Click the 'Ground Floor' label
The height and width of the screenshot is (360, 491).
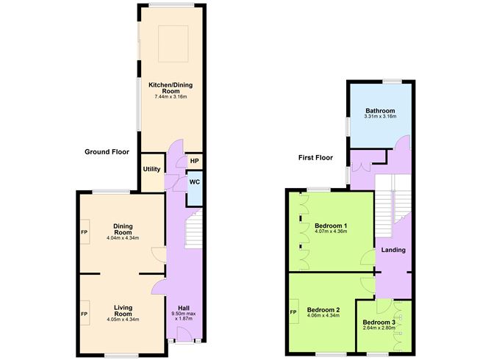click(107, 152)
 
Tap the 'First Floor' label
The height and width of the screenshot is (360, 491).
click(316, 157)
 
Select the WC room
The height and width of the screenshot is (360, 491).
click(195, 181)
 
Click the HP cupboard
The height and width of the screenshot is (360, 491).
click(195, 161)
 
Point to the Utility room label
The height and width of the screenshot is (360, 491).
click(152, 169)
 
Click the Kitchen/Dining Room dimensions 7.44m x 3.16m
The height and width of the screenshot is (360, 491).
click(171, 96)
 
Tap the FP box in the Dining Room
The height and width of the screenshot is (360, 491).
click(84, 232)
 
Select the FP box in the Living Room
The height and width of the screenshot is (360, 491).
click(84, 313)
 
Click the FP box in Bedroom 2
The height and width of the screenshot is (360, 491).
click(293, 312)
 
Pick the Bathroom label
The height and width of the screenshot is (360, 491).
click(379, 110)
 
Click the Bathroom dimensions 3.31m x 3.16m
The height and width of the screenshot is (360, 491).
click(379, 116)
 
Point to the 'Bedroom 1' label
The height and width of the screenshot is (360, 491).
click(331, 225)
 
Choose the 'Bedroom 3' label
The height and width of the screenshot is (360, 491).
click(379, 321)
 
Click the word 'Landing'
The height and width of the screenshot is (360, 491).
click(393, 251)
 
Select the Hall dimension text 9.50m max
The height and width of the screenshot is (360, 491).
click(179, 314)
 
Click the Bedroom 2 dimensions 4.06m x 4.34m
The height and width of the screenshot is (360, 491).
click(323, 317)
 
